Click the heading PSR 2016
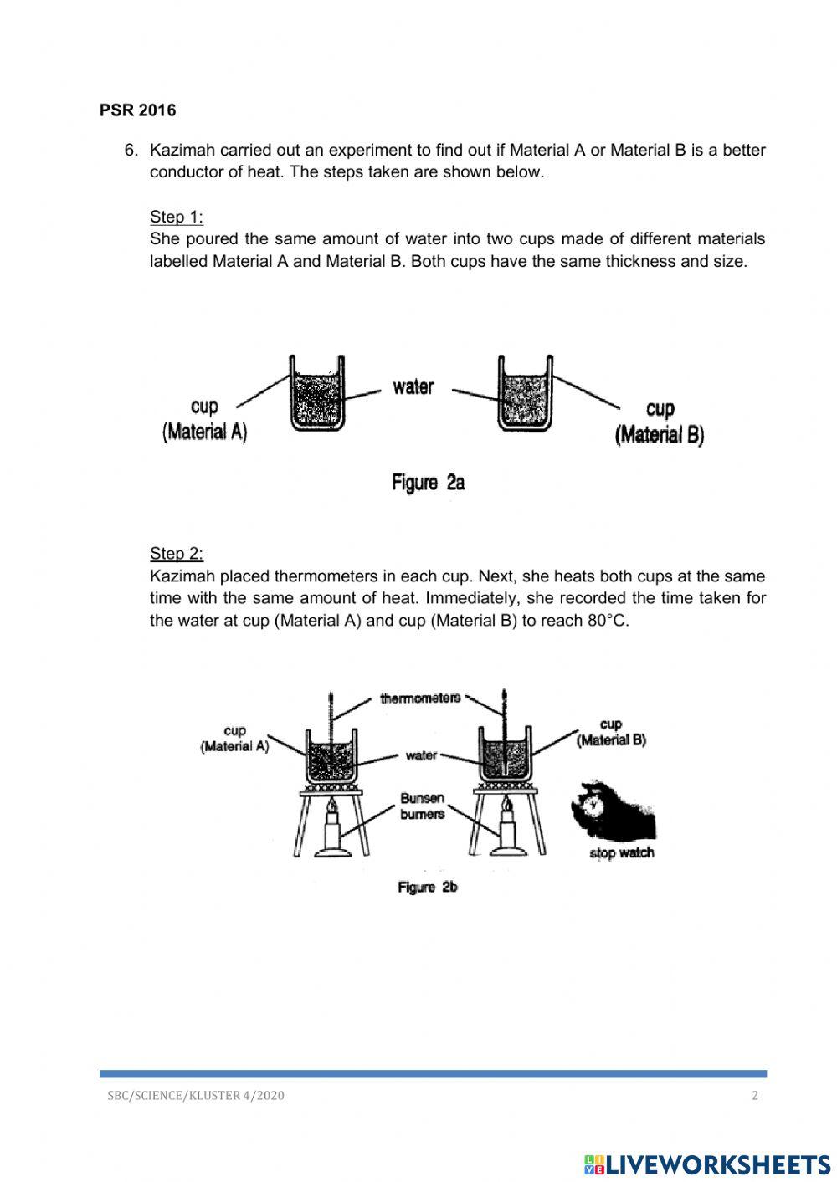137,110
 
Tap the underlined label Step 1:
176,217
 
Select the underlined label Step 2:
176,553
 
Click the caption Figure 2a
428,482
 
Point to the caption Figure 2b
428,888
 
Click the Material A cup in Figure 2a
317,394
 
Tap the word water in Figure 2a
413,386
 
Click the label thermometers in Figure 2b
420,698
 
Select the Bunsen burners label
422,806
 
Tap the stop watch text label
621,853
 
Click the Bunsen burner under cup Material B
507,833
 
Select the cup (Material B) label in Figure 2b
611,733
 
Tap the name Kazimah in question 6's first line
180,151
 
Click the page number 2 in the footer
755,1096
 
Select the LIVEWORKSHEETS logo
706,1164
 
